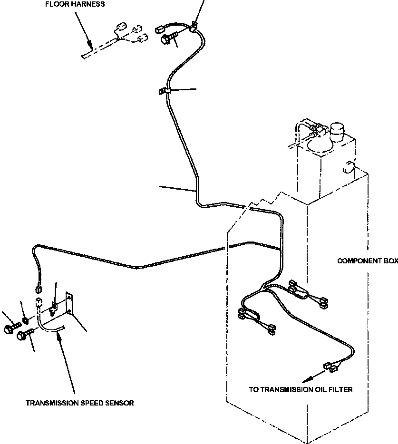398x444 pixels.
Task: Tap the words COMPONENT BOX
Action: (x=367, y=261)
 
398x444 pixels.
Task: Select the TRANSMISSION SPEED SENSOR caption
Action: (x=79, y=403)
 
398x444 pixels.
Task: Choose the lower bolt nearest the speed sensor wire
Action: (x=22, y=336)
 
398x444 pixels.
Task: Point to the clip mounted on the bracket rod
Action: (x=54, y=308)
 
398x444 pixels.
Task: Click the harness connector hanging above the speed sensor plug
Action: (x=39, y=287)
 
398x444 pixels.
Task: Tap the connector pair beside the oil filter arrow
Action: (x=331, y=366)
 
